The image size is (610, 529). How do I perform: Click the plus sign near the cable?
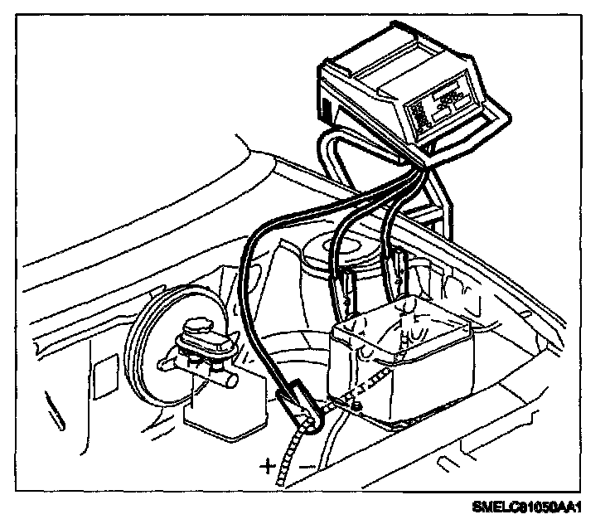pos(268,465)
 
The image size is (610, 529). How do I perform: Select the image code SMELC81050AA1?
pos(538,507)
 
